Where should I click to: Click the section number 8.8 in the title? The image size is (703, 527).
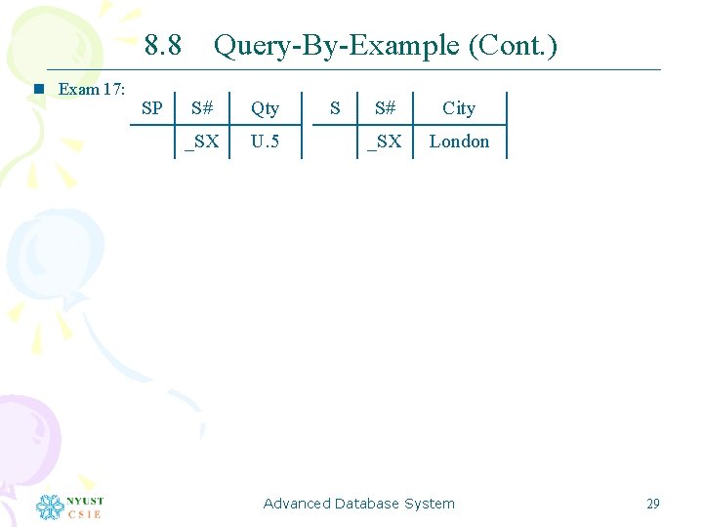click(162, 45)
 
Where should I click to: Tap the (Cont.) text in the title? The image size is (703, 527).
click(513, 45)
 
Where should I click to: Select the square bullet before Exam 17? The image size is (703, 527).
click(39, 90)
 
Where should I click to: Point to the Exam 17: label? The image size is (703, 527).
click(92, 90)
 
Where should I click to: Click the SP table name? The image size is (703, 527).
click(152, 108)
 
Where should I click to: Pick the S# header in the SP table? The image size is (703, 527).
click(203, 108)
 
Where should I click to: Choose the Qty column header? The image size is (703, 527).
click(265, 108)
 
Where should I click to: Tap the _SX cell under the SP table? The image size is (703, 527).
click(202, 142)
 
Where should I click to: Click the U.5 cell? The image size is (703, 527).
click(265, 142)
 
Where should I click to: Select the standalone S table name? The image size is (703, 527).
click(335, 108)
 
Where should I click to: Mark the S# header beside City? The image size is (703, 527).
click(384, 108)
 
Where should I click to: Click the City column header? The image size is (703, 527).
click(459, 108)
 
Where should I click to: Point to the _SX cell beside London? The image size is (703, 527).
click(384, 142)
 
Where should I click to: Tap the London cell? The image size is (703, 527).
click(459, 142)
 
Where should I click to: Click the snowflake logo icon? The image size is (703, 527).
click(50, 507)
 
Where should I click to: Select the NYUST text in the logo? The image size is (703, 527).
click(84, 501)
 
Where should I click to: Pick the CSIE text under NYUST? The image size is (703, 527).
click(84, 514)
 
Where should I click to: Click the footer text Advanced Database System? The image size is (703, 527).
click(359, 504)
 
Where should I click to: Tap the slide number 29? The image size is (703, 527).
click(653, 504)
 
